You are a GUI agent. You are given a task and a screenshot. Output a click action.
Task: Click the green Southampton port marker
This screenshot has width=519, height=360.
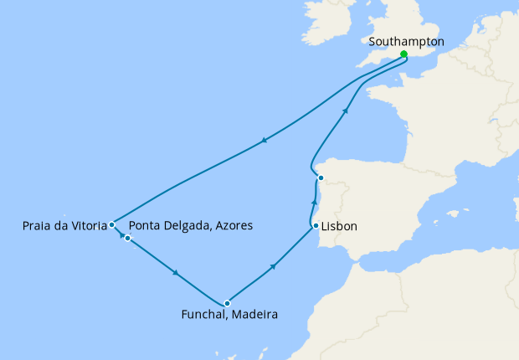point(404,54)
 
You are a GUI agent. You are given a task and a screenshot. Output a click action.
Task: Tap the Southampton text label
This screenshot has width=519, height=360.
point(406,40)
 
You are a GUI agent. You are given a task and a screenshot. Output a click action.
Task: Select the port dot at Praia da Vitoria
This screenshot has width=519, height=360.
point(111,224)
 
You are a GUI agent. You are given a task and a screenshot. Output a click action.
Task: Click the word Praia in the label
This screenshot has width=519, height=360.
point(39,225)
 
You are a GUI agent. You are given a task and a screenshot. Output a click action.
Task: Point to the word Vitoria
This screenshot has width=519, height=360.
point(88,225)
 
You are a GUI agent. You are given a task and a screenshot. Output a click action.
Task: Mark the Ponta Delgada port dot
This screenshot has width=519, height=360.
point(127,239)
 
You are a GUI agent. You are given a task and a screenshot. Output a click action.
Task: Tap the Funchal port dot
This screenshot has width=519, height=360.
point(227,303)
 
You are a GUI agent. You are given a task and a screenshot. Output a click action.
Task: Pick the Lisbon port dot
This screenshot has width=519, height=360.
point(315,226)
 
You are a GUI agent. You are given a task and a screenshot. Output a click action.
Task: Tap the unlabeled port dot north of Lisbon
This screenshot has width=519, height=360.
point(320,177)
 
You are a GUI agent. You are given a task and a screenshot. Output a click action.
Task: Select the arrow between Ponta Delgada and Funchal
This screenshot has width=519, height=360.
point(175,272)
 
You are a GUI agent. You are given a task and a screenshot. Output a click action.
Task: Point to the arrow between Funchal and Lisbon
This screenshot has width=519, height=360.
point(274,266)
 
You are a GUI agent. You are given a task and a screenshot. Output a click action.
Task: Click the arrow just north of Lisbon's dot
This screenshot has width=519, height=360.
point(315,203)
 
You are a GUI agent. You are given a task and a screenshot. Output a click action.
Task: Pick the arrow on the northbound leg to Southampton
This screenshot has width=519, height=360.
point(345,111)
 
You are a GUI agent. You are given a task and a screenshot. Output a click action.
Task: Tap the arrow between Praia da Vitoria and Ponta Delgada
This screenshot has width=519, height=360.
point(120,232)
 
